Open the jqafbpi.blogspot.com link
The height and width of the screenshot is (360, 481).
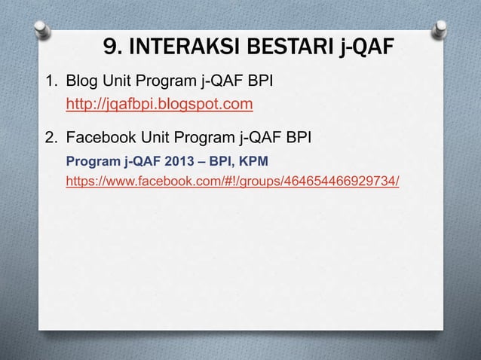click(x=158, y=104)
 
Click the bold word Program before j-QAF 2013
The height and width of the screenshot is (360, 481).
click(x=93, y=161)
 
